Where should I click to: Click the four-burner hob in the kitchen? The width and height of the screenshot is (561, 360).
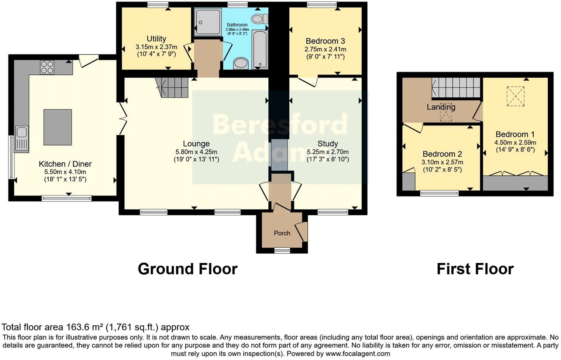point(47,67)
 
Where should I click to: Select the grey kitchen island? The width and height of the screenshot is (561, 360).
point(58,127)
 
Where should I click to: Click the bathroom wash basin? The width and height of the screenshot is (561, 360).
point(241,63)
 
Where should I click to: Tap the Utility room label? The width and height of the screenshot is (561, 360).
point(156,39)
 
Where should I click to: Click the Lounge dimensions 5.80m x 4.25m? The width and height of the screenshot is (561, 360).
point(196,152)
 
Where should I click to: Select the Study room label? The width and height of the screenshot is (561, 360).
point(327,144)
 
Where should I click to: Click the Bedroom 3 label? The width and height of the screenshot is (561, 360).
point(325,41)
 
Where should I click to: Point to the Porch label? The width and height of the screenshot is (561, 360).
point(282,233)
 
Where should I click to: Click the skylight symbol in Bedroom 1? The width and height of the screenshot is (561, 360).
point(516,96)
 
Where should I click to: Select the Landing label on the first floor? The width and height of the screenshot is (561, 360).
point(441,107)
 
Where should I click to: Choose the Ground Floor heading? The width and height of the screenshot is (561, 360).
point(187,269)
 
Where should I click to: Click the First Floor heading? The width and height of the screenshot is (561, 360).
point(475,269)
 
